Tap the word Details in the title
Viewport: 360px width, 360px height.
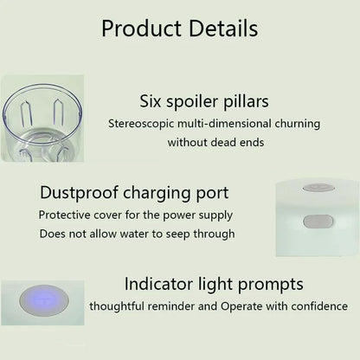[x=221, y=28]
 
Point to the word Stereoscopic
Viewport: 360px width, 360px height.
[x=142, y=123]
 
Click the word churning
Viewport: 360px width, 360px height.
[x=289, y=123]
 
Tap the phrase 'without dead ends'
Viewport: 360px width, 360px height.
[x=215, y=141]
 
